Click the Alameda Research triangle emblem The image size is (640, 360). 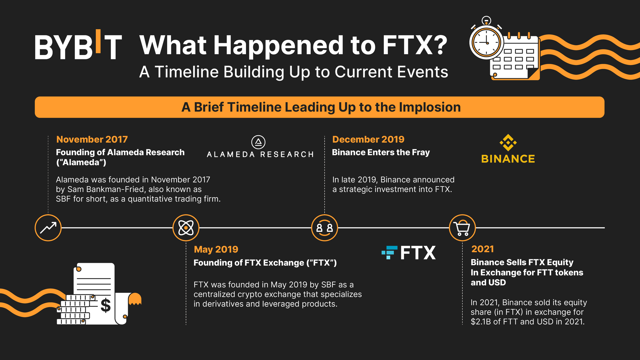258,142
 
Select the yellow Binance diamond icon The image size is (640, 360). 508,143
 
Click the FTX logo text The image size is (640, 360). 417,252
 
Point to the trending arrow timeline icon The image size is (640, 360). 48,228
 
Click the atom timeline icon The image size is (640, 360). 186,228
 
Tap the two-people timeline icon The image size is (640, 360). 325,228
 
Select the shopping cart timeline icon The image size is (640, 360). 462,228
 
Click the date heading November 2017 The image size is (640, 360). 92,139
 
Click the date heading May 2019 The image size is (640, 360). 216,249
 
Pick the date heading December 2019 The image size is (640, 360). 368,139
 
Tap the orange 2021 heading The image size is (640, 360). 482,249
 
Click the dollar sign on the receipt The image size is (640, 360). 106,305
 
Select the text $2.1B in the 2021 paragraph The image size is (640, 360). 481,322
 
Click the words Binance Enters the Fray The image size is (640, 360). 381,152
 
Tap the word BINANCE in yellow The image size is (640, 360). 508,159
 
